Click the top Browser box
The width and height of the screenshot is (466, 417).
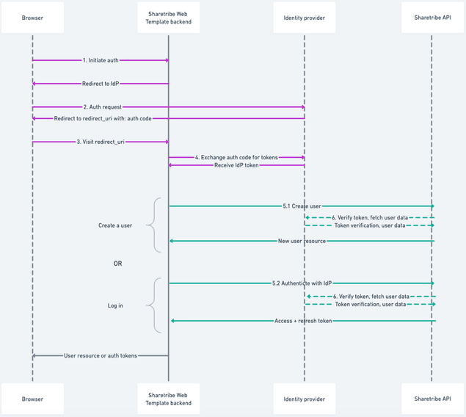[x=32, y=18]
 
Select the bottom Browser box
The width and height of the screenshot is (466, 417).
[x=32, y=399]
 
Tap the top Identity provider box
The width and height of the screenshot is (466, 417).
[x=305, y=18]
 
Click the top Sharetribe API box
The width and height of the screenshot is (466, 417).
[x=432, y=18]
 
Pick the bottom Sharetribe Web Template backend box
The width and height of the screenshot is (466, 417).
[x=168, y=399]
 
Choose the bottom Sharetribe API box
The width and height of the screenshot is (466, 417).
[x=432, y=399]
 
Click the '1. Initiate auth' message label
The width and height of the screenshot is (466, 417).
[x=101, y=60]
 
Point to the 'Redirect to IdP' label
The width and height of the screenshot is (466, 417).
[x=101, y=84]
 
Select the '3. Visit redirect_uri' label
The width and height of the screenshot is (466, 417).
[x=101, y=142]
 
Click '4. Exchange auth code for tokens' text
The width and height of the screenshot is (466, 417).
[x=236, y=157]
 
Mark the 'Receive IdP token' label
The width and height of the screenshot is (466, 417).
[x=236, y=165]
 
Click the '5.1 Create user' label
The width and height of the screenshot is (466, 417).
[x=302, y=206]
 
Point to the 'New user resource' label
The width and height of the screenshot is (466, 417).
[x=302, y=241]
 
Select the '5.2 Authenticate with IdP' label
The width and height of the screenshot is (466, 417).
[x=302, y=283]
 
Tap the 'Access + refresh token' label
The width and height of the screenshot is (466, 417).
[x=303, y=321]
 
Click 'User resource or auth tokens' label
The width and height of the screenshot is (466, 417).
[x=101, y=355]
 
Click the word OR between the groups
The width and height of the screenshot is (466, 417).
[x=117, y=264]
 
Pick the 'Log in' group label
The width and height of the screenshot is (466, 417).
[x=115, y=305]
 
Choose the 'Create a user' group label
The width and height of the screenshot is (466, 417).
[x=115, y=225]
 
